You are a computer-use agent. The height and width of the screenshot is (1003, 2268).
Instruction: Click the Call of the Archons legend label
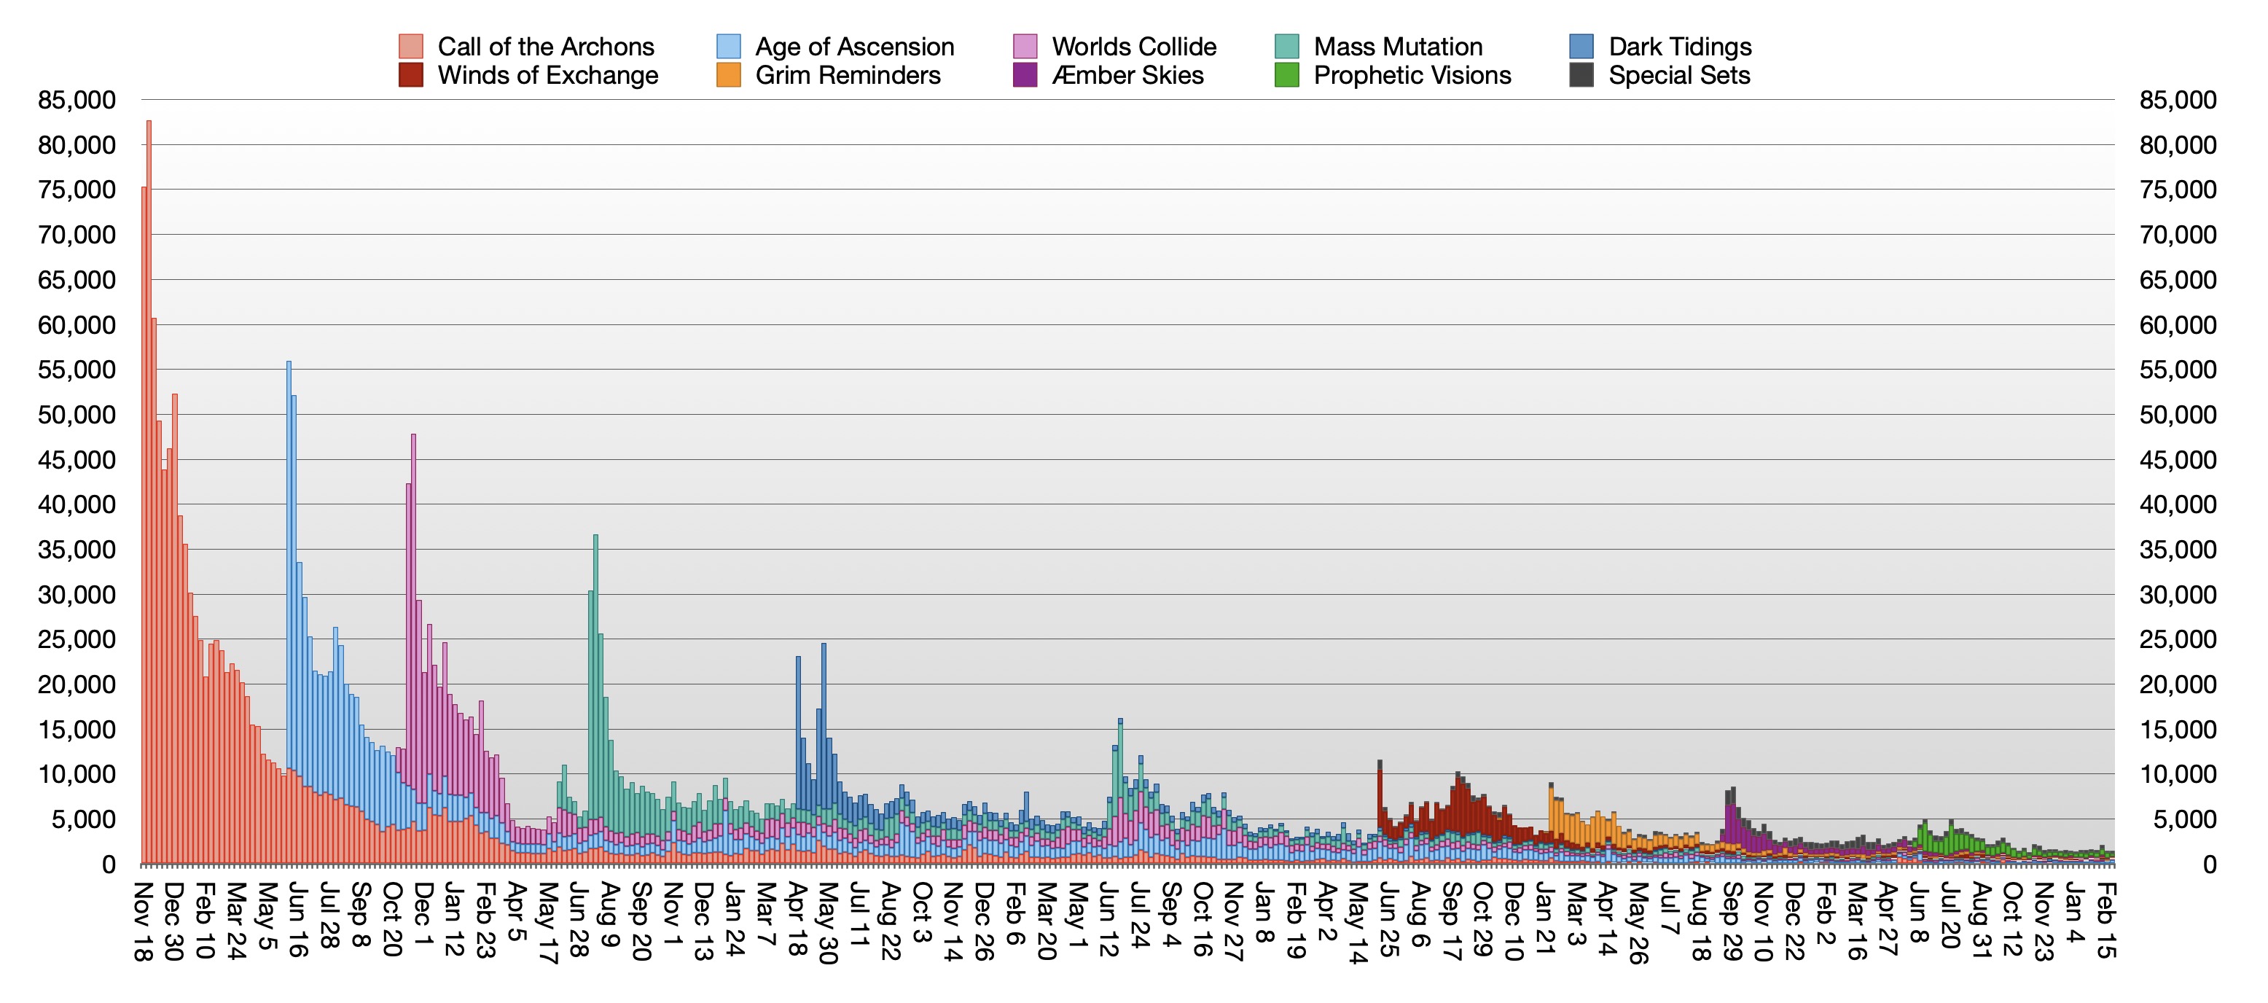[x=545, y=46]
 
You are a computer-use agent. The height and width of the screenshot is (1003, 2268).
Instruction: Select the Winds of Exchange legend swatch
[x=410, y=75]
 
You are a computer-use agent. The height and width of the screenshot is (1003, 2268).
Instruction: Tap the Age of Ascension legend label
[x=854, y=46]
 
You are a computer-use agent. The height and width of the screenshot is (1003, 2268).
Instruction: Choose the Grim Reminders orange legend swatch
[x=728, y=75]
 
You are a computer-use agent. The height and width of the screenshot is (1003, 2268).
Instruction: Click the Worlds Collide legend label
[x=1133, y=46]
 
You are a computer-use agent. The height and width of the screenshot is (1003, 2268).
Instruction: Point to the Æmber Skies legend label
[x=1127, y=75]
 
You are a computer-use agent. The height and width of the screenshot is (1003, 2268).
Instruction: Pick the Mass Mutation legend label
[x=1397, y=46]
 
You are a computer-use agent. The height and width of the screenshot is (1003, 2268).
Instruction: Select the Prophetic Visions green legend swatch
[x=1286, y=75]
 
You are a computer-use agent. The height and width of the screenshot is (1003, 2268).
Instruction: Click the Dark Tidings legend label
[x=1679, y=46]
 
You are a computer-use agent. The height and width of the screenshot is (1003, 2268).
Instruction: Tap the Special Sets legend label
[x=1678, y=75]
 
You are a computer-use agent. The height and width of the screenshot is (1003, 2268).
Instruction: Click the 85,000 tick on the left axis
[x=77, y=100]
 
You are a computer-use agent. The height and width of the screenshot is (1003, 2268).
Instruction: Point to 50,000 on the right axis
[x=2178, y=415]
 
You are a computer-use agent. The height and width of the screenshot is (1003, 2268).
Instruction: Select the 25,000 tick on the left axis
[x=77, y=639]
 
